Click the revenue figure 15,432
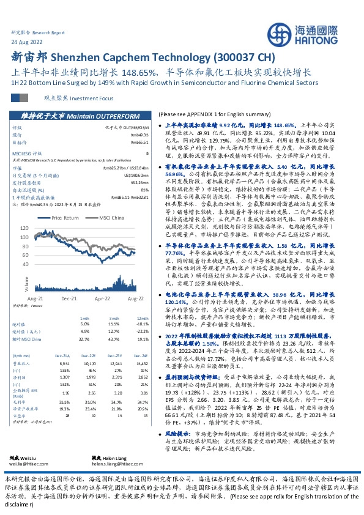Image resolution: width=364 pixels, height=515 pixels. pos(141,361)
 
